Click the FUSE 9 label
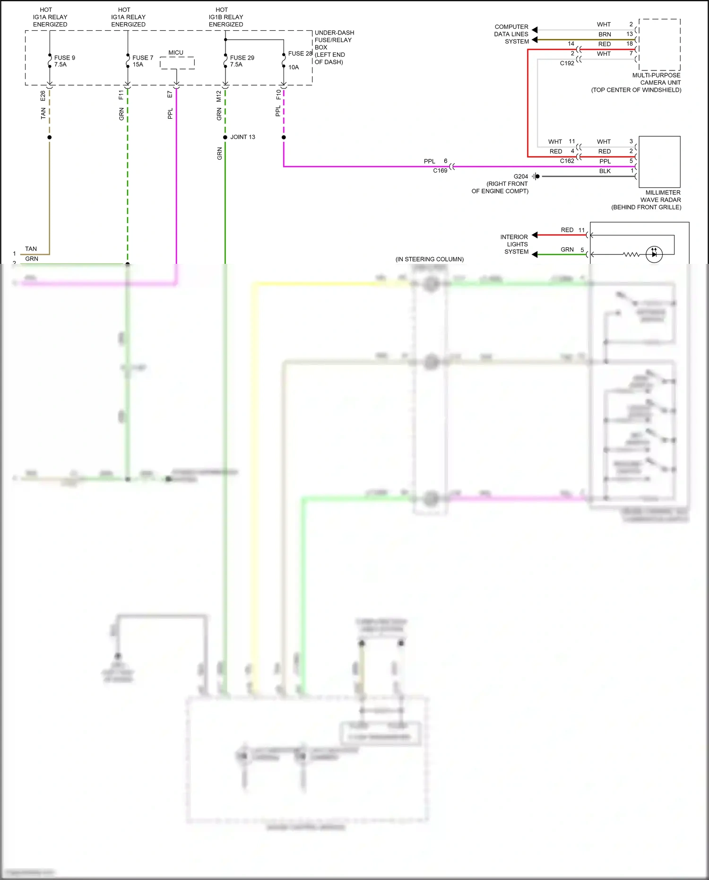[64, 58]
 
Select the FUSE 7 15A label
[143, 61]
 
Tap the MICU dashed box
[177, 62]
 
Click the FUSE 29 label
[242, 58]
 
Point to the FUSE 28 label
[300, 53]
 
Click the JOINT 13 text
[242, 137]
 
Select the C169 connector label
[440, 171]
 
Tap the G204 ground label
[521, 176]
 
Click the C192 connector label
[567, 63]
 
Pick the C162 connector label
[567, 161]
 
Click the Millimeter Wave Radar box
[659, 162]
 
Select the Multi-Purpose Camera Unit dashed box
[659, 45]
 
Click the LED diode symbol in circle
[654, 254]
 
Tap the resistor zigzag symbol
[631, 254]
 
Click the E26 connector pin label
[43, 96]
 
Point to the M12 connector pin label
[219, 96]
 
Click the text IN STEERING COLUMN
[430, 259]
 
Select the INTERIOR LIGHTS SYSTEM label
[515, 244]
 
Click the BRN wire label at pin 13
[605, 35]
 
